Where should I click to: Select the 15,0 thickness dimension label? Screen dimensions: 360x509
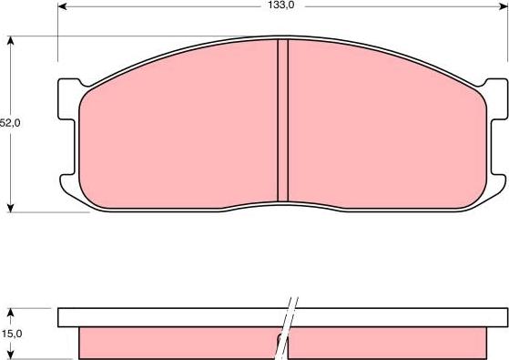8,334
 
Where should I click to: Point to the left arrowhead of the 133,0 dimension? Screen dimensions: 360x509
62,5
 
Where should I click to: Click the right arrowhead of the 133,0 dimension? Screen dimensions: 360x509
501,5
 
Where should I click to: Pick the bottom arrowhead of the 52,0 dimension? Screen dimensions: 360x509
11,206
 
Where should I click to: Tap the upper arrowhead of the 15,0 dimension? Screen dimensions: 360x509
11,313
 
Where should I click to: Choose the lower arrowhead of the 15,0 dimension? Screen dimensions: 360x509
11,354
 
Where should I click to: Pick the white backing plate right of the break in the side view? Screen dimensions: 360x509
401,317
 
